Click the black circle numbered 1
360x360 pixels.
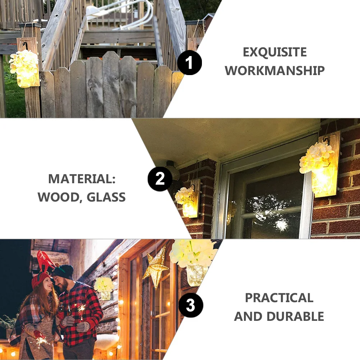click(189, 63)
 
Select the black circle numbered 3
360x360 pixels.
click(190, 306)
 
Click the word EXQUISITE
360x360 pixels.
click(275, 52)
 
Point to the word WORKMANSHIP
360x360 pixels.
click(275, 70)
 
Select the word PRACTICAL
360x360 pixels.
click(279, 298)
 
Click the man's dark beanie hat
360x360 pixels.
click(63, 271)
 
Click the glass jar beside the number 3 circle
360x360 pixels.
click(196, 275)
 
